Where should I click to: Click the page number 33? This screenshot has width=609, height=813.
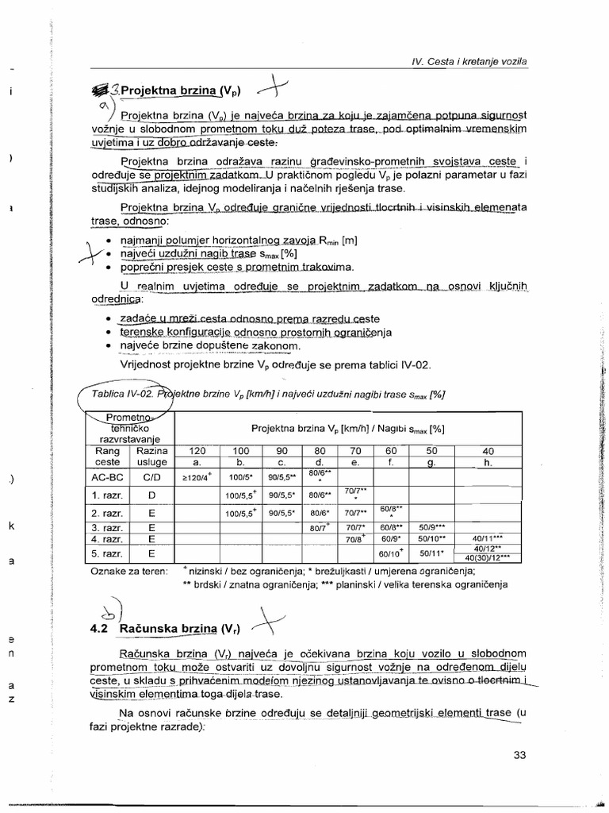click(519, 755)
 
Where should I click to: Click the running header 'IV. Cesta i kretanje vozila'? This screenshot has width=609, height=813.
click(471, 61)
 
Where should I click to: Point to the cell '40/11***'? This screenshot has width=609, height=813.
click(487, 538)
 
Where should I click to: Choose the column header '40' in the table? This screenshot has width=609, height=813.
click(487, 450)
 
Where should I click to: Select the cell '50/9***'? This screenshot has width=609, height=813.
click(433, 526)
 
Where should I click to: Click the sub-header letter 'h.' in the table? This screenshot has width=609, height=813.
click(487, 462)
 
